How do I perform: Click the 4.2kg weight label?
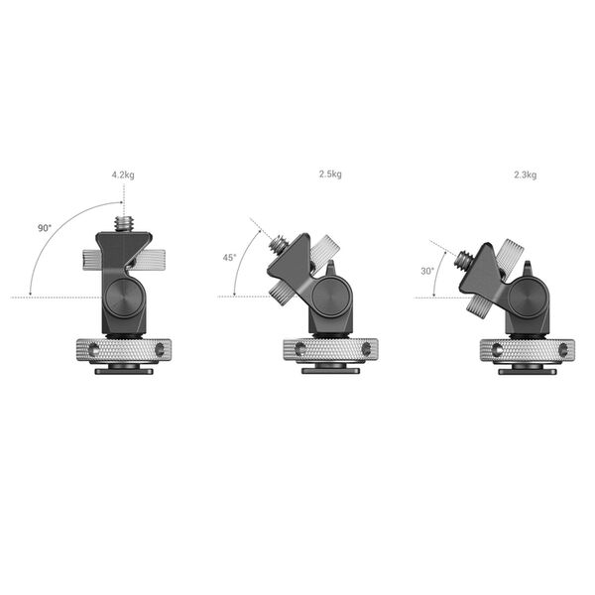123,175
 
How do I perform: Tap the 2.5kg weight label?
329,175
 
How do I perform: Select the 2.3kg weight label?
525,175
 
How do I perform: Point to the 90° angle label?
45,228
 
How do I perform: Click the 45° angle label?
229,258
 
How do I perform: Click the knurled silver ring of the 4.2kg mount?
124,350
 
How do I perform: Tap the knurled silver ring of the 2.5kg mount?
330,350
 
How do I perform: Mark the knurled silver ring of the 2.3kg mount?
527,350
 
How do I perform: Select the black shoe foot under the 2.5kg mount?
330,371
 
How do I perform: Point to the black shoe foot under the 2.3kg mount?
527,371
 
